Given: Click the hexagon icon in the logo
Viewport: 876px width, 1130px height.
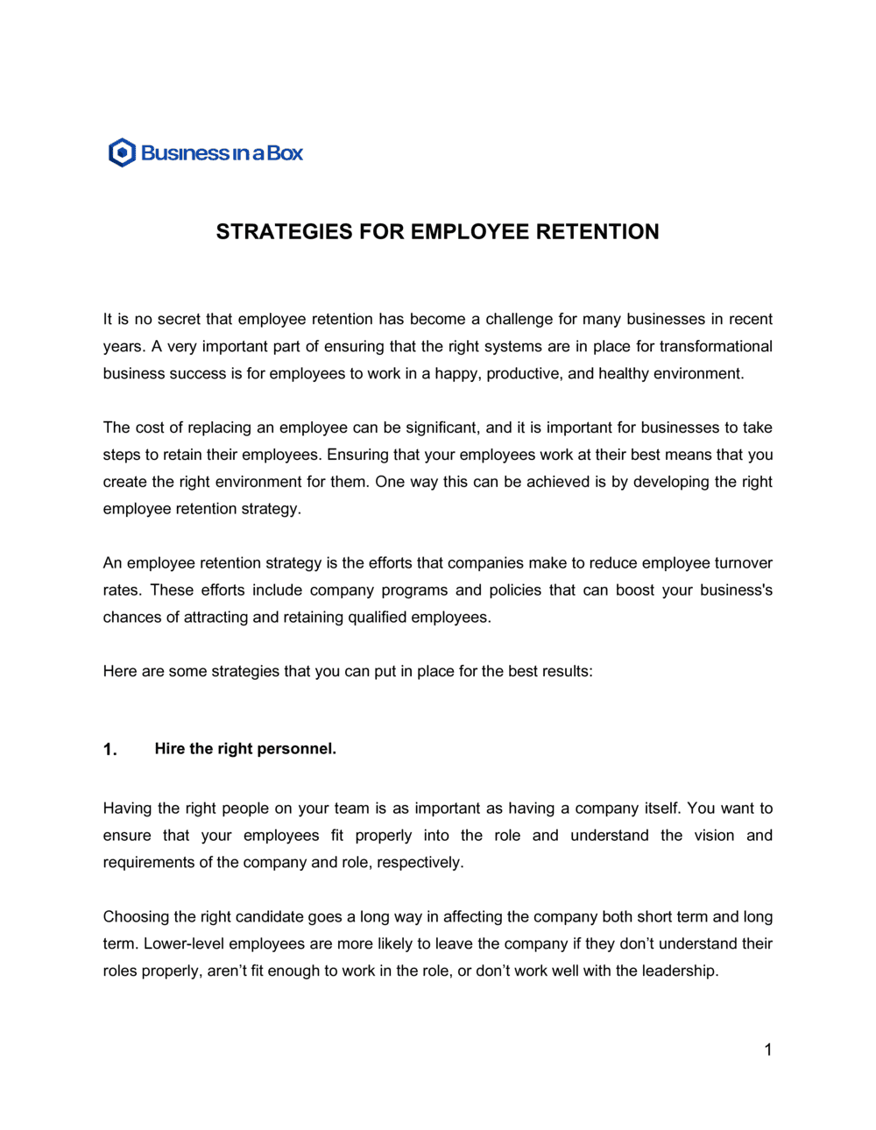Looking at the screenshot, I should [122, 152].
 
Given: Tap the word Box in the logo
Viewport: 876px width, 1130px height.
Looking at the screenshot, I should [285, 153].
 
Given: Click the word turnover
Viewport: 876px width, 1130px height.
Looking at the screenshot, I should [743, 563].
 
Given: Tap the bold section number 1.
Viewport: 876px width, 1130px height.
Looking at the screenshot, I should [109, 750].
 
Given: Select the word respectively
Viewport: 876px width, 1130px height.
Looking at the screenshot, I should [419, 863].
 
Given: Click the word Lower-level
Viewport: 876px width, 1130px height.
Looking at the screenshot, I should [184, 944].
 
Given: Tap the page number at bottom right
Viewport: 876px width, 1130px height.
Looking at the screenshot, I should [768, 1050].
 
